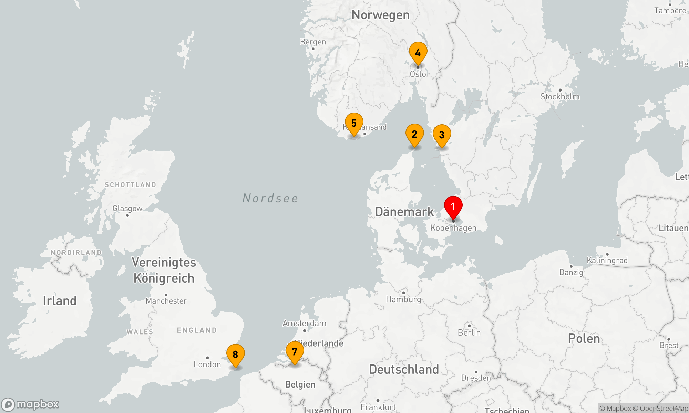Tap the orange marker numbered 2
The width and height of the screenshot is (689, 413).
point(414,135)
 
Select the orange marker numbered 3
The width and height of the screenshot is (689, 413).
point(442,135)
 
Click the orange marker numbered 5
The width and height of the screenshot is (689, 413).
point(354,124)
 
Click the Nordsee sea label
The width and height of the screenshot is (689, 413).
point(270,198)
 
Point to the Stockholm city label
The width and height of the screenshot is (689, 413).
point(559,97)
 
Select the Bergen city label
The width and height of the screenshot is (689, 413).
point(313,42)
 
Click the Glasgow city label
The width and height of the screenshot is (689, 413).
point(127,209)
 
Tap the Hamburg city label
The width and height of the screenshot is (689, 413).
point(403,299)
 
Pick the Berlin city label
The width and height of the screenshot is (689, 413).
point(469,332)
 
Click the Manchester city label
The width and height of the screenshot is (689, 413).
point(166,301)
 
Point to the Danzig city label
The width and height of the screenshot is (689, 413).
point(571,272)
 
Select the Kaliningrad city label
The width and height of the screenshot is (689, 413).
point(607,260)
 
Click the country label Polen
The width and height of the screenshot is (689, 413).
point(584,339)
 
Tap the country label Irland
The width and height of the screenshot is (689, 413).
point(60,301)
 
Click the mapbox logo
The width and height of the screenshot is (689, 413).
point(30,404)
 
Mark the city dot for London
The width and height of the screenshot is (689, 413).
point(207,358)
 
